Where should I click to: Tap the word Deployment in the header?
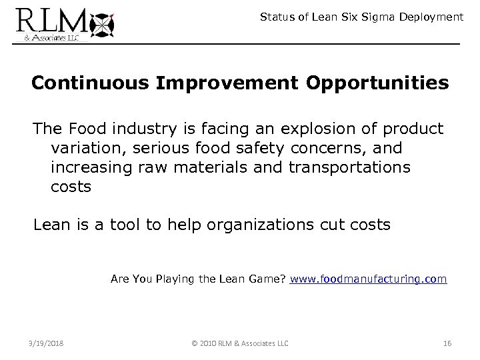coord(431,17)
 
